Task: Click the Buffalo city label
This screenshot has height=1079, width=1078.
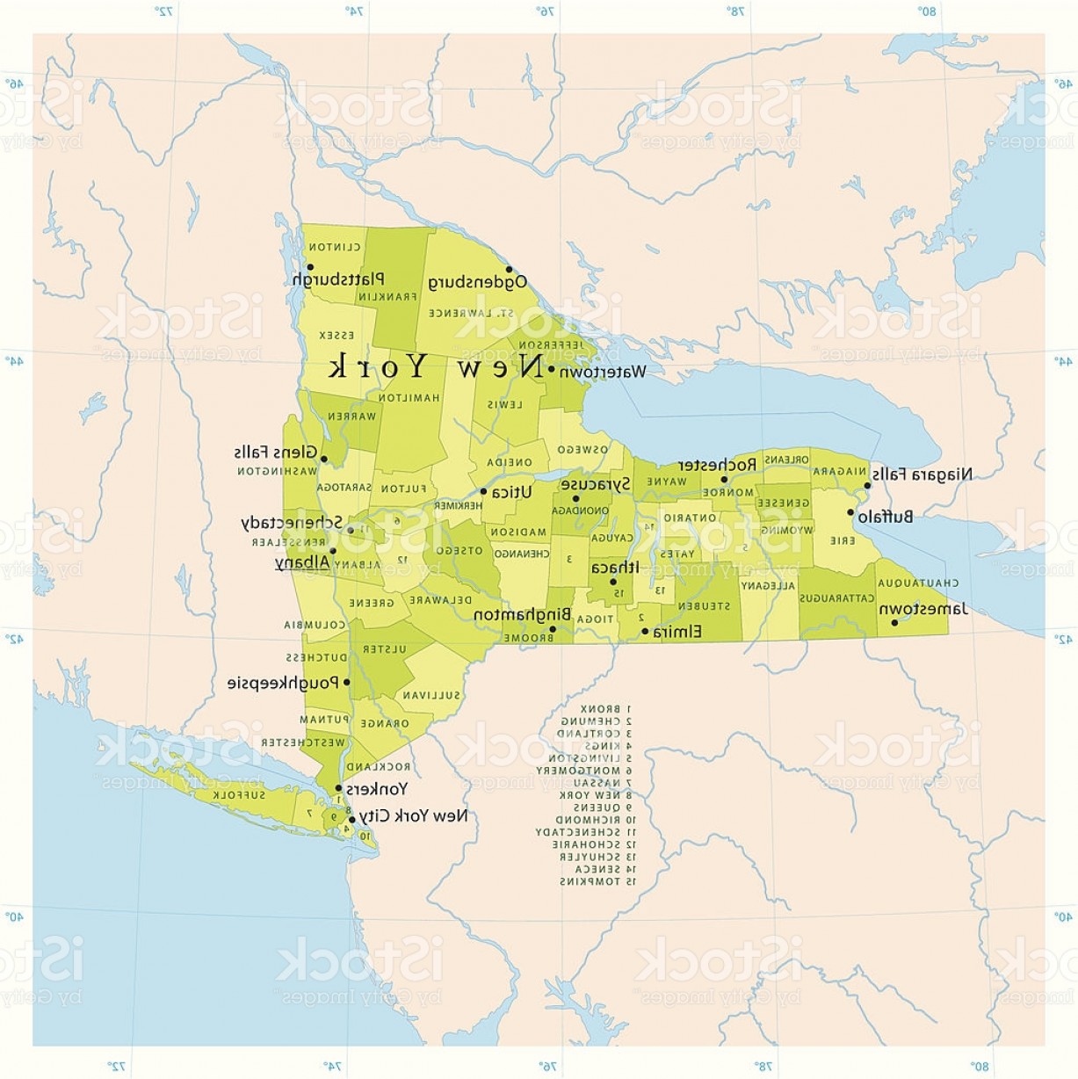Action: pos(886,518)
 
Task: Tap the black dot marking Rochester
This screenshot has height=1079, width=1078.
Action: pos(725,480)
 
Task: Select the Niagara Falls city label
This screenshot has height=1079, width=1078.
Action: pos(922,474)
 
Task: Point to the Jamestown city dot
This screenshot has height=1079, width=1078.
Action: pos(894,623)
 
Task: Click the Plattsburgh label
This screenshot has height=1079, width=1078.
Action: pos(337,279)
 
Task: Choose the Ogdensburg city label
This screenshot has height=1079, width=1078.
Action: pos(478,282)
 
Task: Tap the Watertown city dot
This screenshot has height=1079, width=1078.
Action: pos(551,370)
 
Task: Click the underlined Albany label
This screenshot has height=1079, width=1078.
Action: pos(303,562)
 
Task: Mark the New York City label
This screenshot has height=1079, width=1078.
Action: pos(413,815)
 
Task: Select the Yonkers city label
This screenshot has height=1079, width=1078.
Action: pos(376,788)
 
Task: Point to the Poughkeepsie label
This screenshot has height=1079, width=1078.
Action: pos(284,683)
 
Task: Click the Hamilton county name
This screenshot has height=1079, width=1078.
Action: pos(409,398)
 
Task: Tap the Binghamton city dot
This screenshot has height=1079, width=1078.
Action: pos(553,629)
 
